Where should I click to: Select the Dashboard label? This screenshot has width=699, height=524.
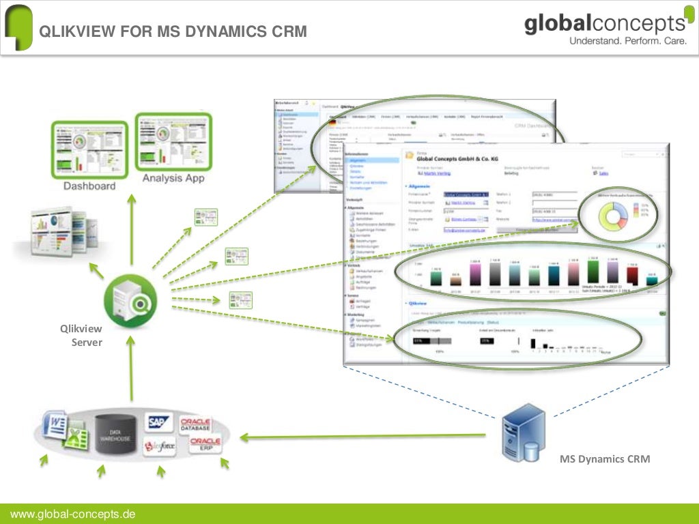[89, 186]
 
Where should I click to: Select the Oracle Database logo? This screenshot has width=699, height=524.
[195, 424]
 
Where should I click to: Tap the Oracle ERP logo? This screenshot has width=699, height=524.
[205, 445]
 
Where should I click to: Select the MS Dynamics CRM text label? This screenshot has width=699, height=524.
[605, 459]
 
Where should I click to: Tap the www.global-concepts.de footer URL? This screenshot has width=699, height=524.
[72, 514]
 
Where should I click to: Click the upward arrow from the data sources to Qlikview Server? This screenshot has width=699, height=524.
[132, 368]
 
